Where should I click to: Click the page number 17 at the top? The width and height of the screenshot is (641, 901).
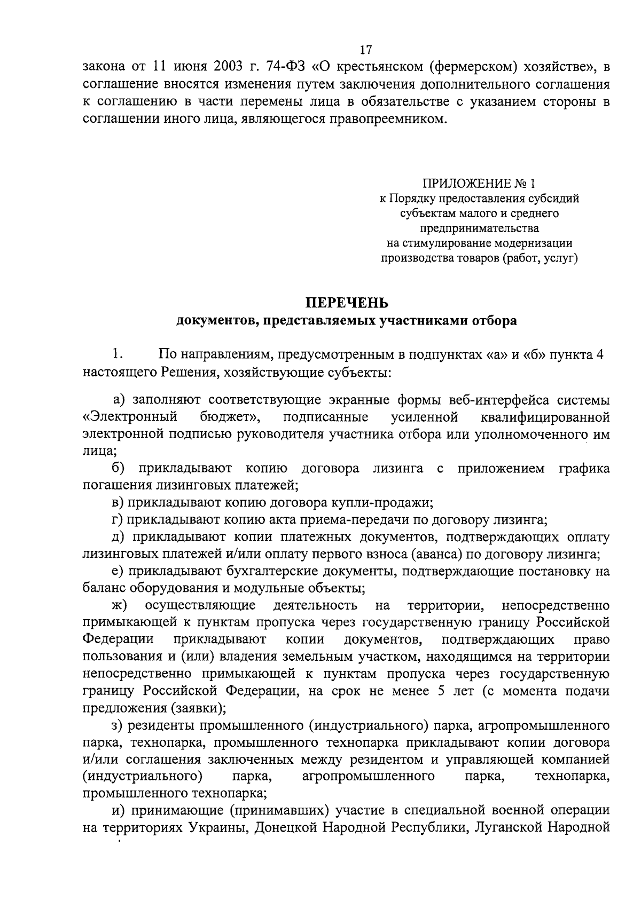point(366,50)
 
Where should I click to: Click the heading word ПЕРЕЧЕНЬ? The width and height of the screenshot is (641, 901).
point(347,303)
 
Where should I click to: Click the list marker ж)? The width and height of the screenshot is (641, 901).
point(119,605)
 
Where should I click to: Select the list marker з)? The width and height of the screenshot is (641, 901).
point(117,725)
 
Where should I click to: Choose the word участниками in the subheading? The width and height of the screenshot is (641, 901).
point(416,321)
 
